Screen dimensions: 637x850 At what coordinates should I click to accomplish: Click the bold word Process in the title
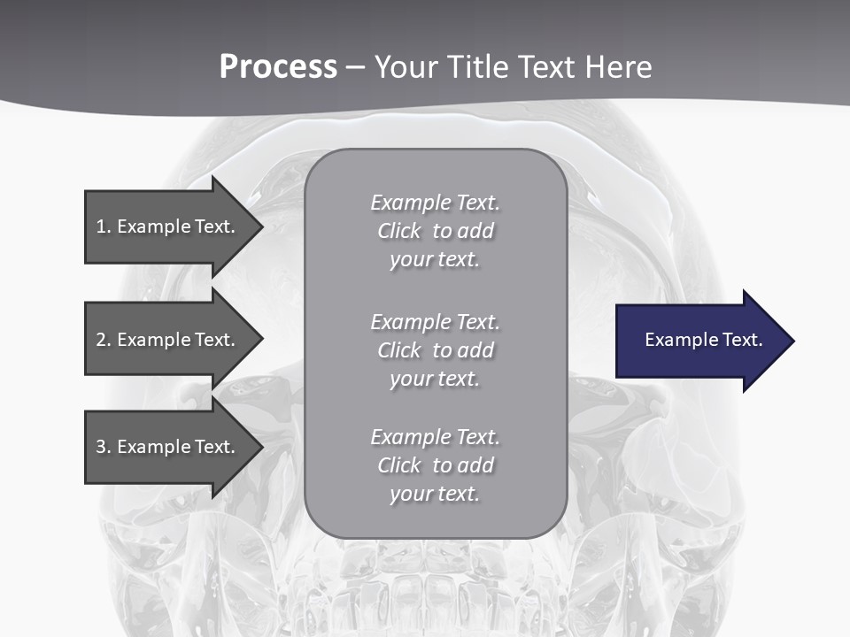point(278,67)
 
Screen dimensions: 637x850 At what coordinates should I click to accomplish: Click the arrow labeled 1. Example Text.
point(168,226)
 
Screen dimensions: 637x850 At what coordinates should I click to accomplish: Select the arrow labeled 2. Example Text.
point(168,340)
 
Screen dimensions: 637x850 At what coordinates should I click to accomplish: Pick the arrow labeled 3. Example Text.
point(168,447)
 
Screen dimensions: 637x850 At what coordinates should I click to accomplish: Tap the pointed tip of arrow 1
point(261,226)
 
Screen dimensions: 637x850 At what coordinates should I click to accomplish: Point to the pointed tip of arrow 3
point(261,447)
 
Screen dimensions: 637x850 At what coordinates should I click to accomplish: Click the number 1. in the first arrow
point(104,226)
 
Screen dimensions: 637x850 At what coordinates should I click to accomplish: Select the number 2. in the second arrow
point(104,340)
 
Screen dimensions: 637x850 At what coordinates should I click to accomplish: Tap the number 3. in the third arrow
point(104,447)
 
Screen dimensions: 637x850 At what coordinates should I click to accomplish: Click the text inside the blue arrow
point(703,340)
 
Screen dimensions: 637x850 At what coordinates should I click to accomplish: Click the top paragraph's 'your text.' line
point(435,259)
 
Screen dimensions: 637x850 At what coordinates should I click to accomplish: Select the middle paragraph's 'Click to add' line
point(435,350)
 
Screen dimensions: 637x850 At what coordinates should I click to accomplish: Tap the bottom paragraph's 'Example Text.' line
point(435,437)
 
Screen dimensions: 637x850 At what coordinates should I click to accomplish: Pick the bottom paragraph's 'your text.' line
point(435,494)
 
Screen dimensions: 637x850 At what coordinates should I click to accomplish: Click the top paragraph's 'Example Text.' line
point(435,203)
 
